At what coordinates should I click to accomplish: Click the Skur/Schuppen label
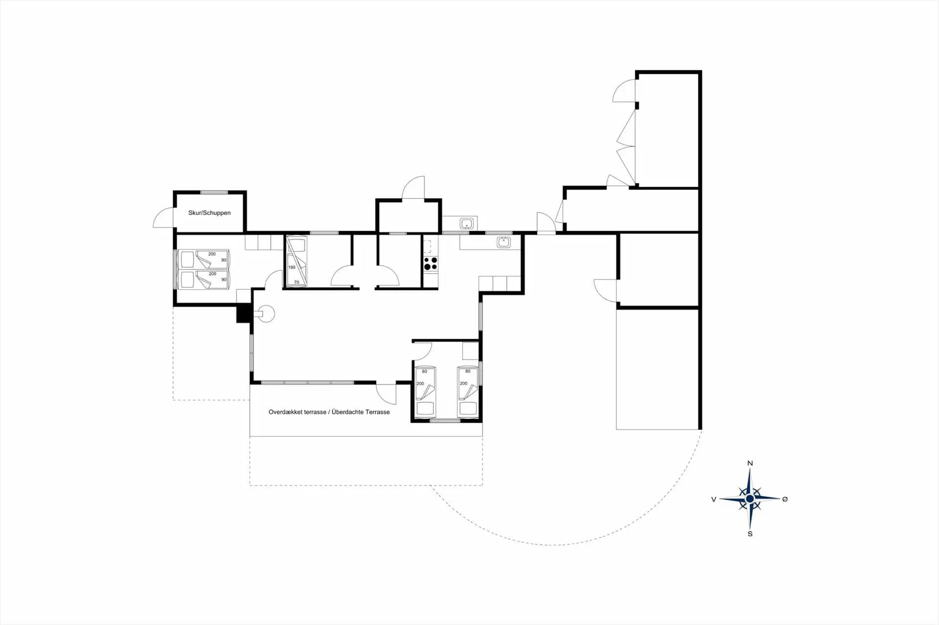pyautogui.click(x=209, y=213)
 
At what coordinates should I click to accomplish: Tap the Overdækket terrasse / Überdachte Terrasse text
pyautogui.click(x=329, y=412)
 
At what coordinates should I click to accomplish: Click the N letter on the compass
pyautogui.click(x=750, y=463)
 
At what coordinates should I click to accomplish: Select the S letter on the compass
pyautogui.click(x=750, y=534)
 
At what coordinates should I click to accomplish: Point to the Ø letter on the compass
pyautogui.click(x=785, y=499)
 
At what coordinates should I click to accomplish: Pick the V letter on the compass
pyautogui.click(x=714, y=499)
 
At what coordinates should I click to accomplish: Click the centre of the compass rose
pyautogui.click(x=750, y=498)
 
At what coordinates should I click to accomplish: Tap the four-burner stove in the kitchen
pyautogui.click(x=431, y=264)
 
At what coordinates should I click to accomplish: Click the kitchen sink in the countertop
pyautogui.click(x=503, y=242)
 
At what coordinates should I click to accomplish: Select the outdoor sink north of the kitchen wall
pyautogui.click(x=467, y=224)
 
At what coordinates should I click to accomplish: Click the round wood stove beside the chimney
pyautogui.click(x=267, y=314)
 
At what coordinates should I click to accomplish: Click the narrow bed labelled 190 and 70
pyautogui.click(x=297, y=261)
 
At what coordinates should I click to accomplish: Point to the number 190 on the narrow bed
pyautogui.click(x=292, y=267)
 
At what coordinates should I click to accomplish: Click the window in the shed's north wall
pyautogui.click(x=214, y=192)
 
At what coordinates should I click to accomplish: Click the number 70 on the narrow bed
pyautogui.click(x=296, y=282)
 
